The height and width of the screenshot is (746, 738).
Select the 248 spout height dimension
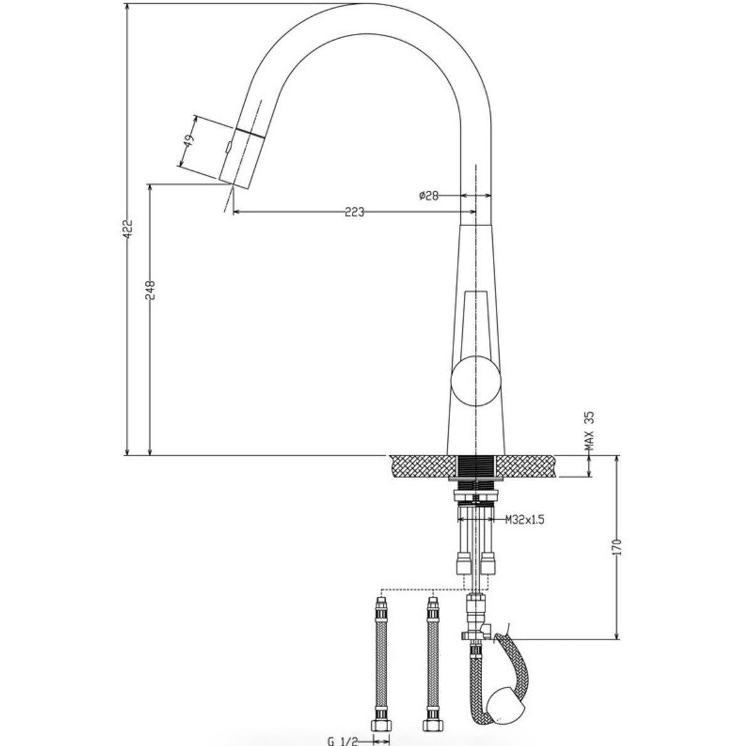point(150,289)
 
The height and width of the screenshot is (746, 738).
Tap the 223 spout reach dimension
point(354,212)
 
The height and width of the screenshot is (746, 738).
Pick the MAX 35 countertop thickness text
point(589,432)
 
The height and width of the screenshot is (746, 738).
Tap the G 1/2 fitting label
point(341,740)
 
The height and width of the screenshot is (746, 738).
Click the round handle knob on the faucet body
point(475,379)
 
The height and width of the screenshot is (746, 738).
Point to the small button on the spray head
point(228,148)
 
